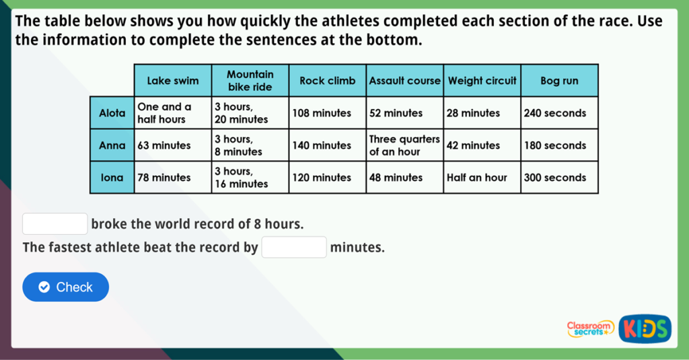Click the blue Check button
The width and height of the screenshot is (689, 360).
pyautogui.click(x=65, y=287)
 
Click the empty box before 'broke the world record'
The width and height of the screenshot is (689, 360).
pyautogui.click(x=55, y=223)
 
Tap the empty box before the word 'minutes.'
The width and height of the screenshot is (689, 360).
pyautogui.click(x=294, y=248)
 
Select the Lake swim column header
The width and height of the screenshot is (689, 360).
pyautogui.click(x=173, y=81)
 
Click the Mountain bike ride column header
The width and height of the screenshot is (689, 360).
pyautogui.click(x=250, y=81)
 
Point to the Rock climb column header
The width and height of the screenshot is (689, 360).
pyautogui.click(x=328, y=81)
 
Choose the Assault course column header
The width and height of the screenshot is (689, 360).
pyautogui.click(x=404, y=81)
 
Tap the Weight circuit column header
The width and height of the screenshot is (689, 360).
pyautogui.click(x=482, y=81)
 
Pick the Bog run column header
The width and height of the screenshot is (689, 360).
pyautogui.click(x=559, y=81)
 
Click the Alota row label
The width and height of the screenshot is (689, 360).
pyautogui.click(x=112, y=113)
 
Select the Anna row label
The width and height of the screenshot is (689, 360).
pyautogui.click(x=112, y=145)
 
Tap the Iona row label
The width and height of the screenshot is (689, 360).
pyautogui.click(x=112, y=178)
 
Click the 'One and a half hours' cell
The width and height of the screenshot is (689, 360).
pyautogui.click(x=173, y=113)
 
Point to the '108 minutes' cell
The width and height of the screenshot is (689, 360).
pyautogui.click(x=328, y=113)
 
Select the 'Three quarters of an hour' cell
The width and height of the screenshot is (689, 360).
pyautogui.click(x=404, y=145)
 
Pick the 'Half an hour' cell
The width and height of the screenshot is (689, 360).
pyautogui.click(x=482, y=178)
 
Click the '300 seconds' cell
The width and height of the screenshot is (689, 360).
pyautogui.click(x=559, y=178)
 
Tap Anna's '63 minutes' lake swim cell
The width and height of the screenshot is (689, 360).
pyautogui.click(x=173, y=145)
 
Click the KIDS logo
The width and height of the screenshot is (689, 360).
pyautogui.click(x=645, y=328)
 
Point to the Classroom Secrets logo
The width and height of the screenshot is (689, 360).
pyautogui.click(x=590, y=328)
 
